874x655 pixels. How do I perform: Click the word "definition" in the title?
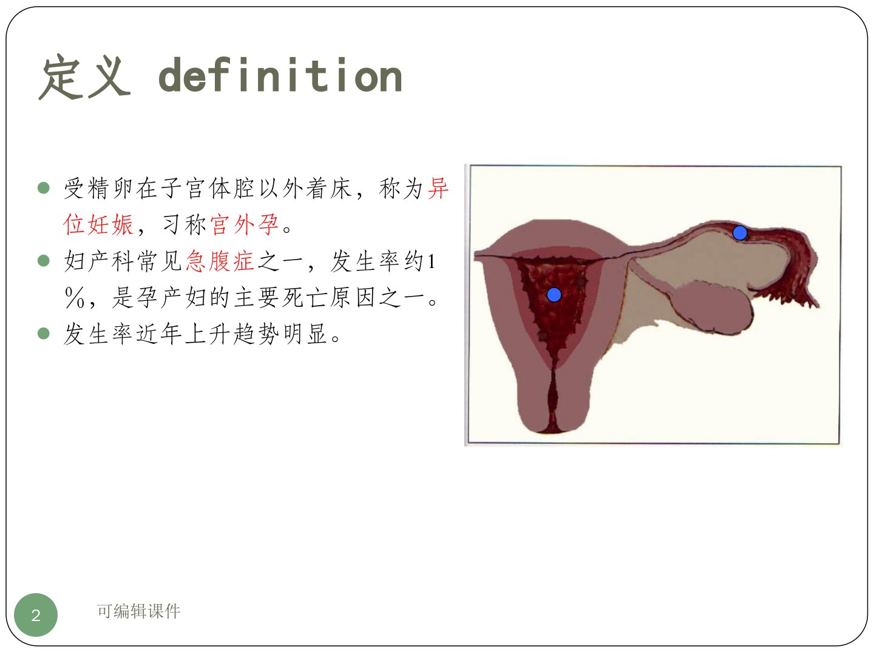280,75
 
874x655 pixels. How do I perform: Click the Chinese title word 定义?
84,76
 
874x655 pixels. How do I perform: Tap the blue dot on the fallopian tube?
740,233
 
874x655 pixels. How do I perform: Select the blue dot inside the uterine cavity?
554,295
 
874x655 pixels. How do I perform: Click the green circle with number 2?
36,615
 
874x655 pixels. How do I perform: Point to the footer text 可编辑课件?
138,611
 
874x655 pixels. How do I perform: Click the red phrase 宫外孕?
244,224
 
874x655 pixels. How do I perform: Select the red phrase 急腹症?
220,261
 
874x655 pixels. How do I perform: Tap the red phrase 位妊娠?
98,224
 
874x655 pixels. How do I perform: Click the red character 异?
438,188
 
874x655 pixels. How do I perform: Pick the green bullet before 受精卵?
44,188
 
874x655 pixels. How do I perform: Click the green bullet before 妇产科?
44,261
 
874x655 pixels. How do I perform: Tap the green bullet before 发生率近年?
44,334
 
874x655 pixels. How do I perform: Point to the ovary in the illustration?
713,307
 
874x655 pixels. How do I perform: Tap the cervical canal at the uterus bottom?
552,401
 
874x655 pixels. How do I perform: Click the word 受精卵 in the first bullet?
98,188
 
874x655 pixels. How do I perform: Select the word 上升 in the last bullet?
208,334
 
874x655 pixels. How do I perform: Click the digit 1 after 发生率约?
431,261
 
